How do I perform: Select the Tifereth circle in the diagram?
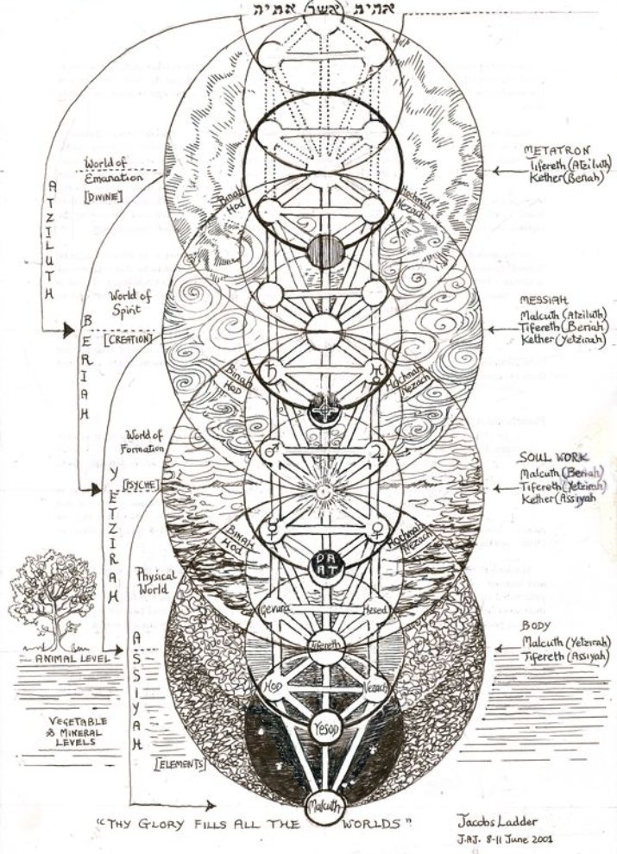coord(322,644)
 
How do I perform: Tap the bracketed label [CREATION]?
coord(129,339)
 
